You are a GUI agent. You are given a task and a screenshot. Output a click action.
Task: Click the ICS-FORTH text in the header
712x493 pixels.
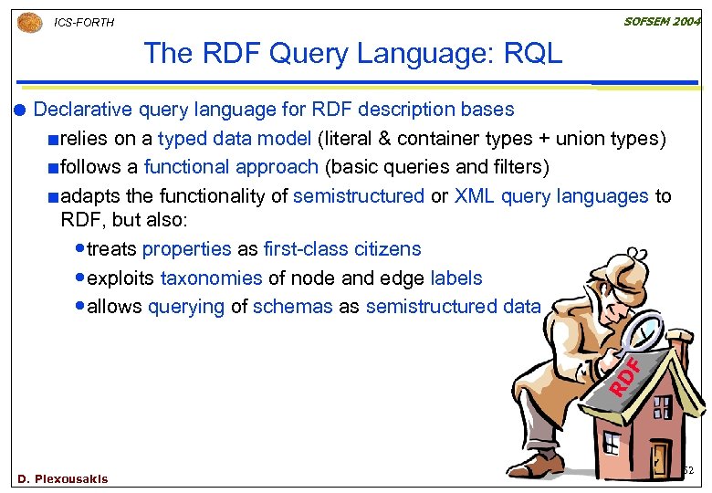point(84,23)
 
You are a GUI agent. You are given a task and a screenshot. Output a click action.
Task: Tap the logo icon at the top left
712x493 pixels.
point(30,22)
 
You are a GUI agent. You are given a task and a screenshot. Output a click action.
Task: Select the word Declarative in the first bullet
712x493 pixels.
point(83,110)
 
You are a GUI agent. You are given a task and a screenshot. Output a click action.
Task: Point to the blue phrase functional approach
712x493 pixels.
point(230,167)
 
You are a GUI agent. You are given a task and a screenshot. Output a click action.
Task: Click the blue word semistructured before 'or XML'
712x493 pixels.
point(359,196)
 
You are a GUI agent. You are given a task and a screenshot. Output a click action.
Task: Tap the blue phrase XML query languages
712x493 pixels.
point(551,196)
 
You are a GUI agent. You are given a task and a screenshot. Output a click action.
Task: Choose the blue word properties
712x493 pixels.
point(187,249)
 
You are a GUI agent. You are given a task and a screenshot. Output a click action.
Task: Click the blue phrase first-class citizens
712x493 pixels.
point(342,249)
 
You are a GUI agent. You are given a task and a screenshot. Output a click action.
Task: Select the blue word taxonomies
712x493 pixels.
point(211,278)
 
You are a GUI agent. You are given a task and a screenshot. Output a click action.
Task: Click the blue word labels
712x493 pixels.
point(456,278)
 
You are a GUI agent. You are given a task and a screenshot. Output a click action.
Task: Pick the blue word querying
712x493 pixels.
point(185,308)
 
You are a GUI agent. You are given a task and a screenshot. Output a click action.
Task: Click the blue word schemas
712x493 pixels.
point(292,308)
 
